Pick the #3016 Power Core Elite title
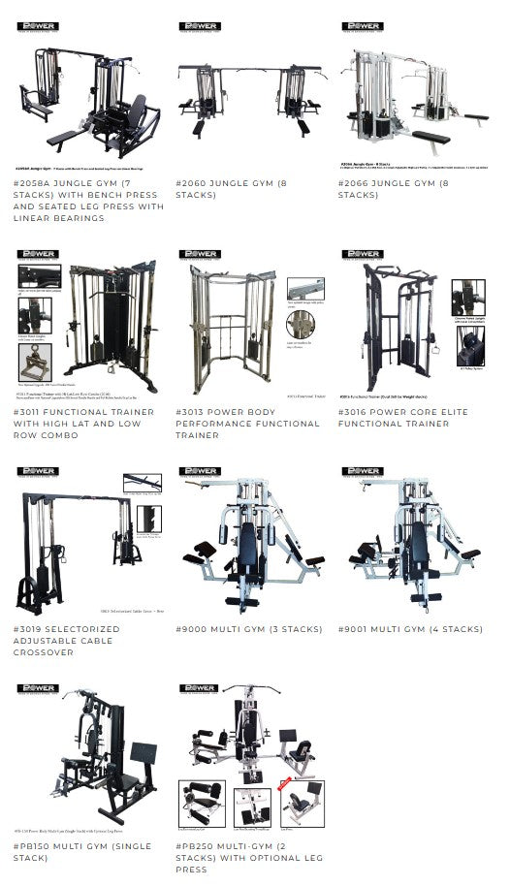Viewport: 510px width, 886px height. tap(402, 418)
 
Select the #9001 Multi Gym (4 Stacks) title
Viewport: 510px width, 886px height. tap(410, 629)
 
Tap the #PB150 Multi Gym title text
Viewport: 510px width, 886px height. tap(82, 852)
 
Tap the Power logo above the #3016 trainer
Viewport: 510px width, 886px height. tap(360, 254)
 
